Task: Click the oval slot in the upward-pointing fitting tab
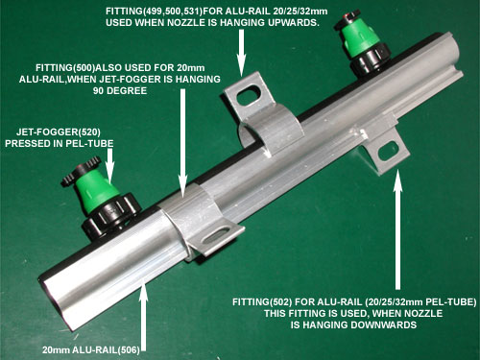point(250,94)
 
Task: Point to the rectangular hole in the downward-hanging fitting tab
point(388,151)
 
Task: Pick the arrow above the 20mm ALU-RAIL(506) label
point(144,315)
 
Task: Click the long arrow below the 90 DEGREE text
point(182,143)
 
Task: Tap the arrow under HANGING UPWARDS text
point(242,53)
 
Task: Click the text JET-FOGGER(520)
point(59,132)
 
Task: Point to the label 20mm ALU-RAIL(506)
point(91,349)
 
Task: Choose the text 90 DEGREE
point(120,90)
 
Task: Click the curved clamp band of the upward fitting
point(272,128)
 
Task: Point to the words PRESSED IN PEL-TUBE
point(60,143)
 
